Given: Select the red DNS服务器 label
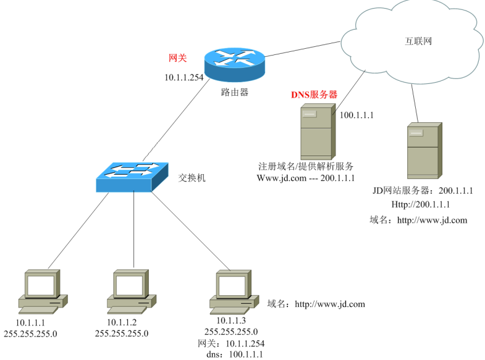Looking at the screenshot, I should (314, 95).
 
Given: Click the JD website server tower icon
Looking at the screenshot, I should (424, 151).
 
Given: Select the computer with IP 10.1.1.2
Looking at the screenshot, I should (130, 290).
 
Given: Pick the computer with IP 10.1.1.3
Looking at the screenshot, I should (234, 290).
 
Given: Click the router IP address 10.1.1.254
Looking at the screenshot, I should (183, 78).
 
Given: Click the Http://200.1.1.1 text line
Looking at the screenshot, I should (420, 204).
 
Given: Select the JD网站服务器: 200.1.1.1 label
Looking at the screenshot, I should (423, 191).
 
